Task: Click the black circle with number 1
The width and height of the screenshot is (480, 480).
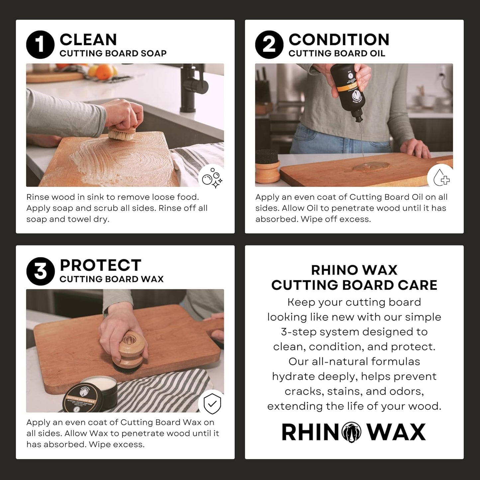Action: point(40,45)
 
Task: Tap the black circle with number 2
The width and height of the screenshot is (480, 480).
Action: point(269,45)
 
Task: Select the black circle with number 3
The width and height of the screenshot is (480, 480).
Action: point(40,271)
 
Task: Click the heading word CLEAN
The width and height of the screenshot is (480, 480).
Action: point(88,40)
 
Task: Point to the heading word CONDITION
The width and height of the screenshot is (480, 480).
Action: point(339,40)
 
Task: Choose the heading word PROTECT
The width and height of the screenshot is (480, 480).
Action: point(100,265)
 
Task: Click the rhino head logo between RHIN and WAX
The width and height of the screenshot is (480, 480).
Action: point(351,432)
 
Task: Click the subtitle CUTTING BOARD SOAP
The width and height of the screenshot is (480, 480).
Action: point(113,53)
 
